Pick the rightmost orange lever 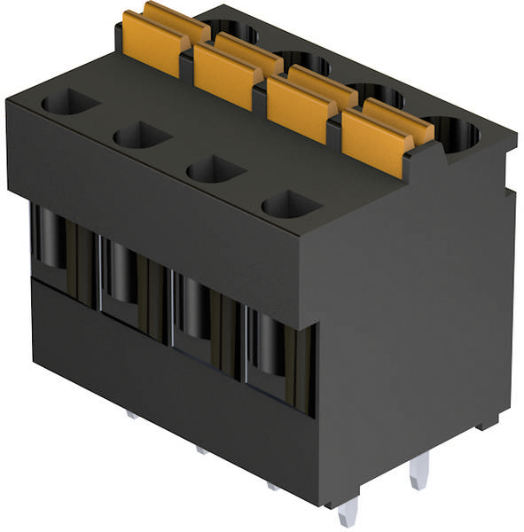379,130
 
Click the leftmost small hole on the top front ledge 68,104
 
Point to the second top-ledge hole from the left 141,136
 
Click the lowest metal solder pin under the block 348,512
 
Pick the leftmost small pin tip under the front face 131,414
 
